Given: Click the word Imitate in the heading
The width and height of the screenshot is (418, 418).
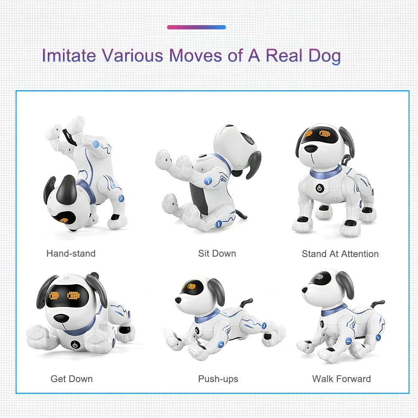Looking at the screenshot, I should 69,56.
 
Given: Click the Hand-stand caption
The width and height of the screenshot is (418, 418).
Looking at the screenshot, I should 71,253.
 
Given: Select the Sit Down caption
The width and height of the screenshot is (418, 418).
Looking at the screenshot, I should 217,253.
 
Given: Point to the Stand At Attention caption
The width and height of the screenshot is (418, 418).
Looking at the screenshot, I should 340,254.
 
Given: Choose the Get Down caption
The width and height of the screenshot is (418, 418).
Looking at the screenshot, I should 71,379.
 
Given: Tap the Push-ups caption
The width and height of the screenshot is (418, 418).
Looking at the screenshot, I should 218,379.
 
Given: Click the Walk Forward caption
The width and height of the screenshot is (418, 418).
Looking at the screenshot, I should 341,379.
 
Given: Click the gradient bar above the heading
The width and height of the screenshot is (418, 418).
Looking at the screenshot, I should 196,27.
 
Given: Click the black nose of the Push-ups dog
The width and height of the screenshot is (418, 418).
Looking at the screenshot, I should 178,300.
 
